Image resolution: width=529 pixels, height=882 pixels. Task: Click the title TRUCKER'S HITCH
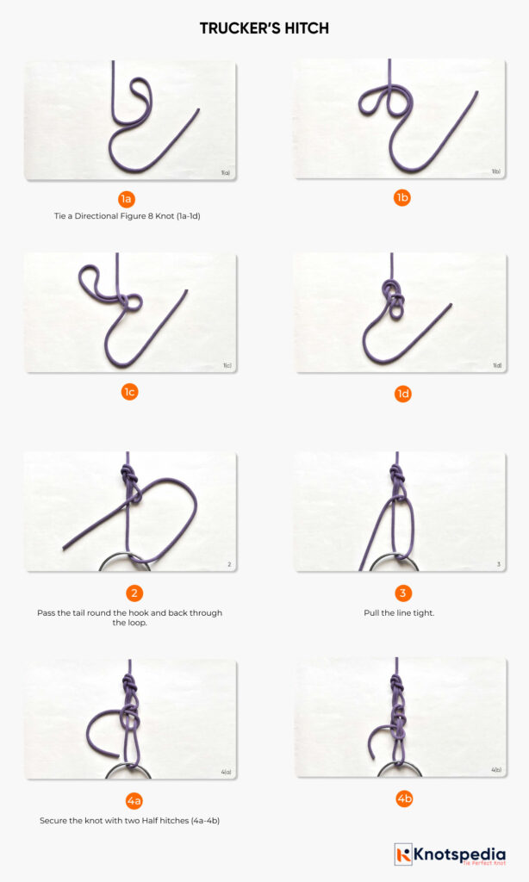[264, 28]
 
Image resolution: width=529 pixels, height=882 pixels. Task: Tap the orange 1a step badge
[127, 199]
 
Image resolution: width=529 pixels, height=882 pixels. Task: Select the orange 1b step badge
[401, 198]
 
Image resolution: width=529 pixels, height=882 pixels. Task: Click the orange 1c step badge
[129, 392]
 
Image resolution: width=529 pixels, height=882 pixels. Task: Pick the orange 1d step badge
[401, 394]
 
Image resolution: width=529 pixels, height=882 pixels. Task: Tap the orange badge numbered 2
[134, 593]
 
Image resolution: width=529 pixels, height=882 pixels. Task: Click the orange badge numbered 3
[401, 593]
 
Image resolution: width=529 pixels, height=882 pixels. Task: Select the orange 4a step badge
[134, 801]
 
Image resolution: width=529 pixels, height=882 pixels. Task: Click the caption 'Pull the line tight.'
[401, 613]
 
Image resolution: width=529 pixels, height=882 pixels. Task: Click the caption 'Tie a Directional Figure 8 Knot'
[127, 216]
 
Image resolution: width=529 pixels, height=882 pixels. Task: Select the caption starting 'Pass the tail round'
[129, 618]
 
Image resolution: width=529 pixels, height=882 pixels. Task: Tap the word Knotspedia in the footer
[462, 852]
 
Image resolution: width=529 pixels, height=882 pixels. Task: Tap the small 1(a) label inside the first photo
[225, 173]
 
